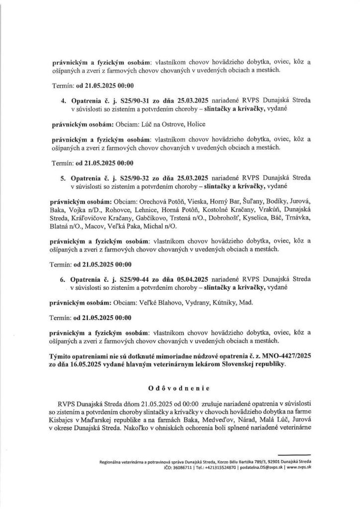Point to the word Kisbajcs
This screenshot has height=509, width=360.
tap(67, 420)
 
